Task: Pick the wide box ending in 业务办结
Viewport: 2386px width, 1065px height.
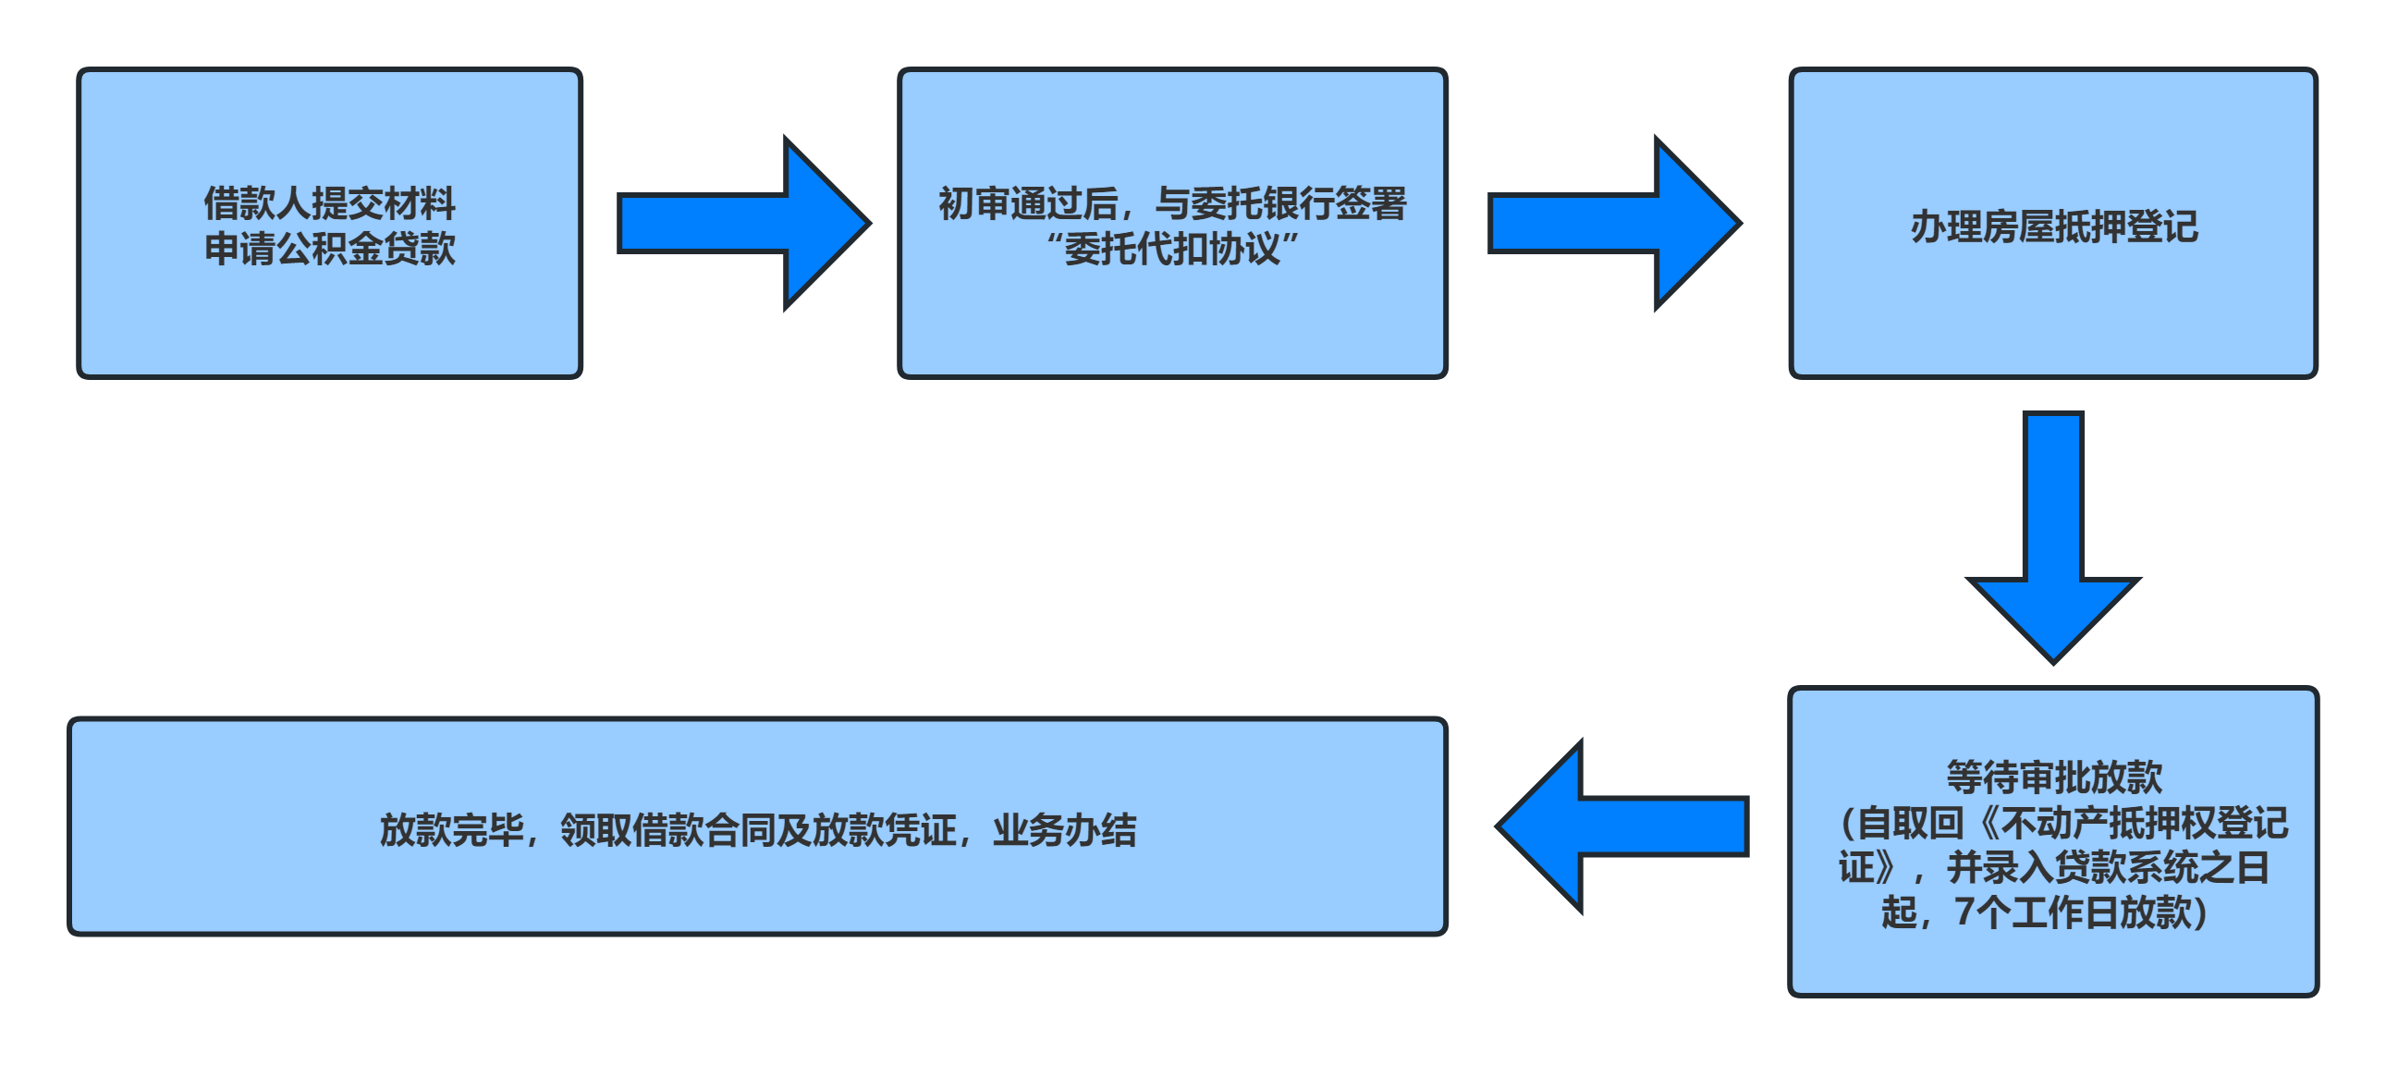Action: [758, 889]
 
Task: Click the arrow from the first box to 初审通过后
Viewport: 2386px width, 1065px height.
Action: [741, 223]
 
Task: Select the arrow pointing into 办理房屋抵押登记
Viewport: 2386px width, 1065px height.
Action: [1612, 223]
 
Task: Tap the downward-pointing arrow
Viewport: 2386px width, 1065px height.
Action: [2053, 537]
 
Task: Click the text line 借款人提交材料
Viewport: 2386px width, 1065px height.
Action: [330, 203]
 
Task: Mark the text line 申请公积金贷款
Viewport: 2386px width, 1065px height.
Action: [330, 248]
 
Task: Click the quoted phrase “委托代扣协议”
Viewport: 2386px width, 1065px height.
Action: [1171, 248]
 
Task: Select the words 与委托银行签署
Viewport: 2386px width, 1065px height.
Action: [1281, 203]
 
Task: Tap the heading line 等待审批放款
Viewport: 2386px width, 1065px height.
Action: [2053, 777]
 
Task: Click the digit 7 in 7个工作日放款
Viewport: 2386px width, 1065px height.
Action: [1964, 912]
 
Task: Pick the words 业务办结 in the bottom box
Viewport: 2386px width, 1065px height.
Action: [1064, 830]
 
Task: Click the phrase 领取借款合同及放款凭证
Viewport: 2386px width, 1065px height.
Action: [759, 830]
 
